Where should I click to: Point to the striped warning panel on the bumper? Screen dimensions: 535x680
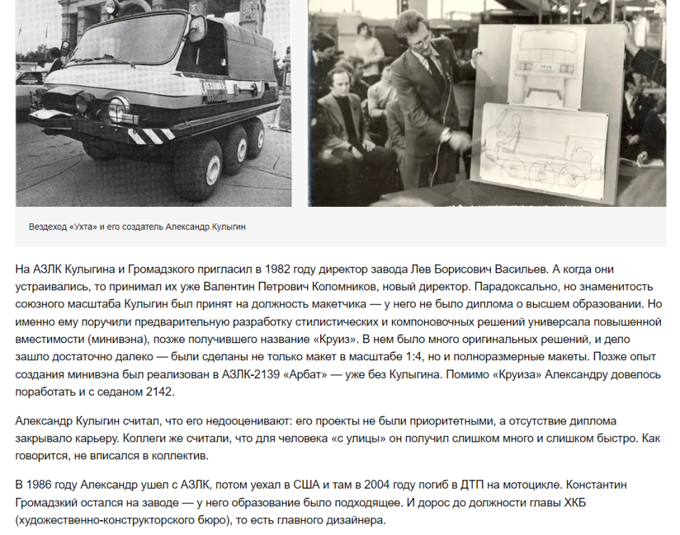tap(154, 134)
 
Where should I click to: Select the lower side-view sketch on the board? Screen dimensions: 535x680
tap(545, 150)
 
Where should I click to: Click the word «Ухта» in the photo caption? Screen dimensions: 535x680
tap(80, 227)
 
